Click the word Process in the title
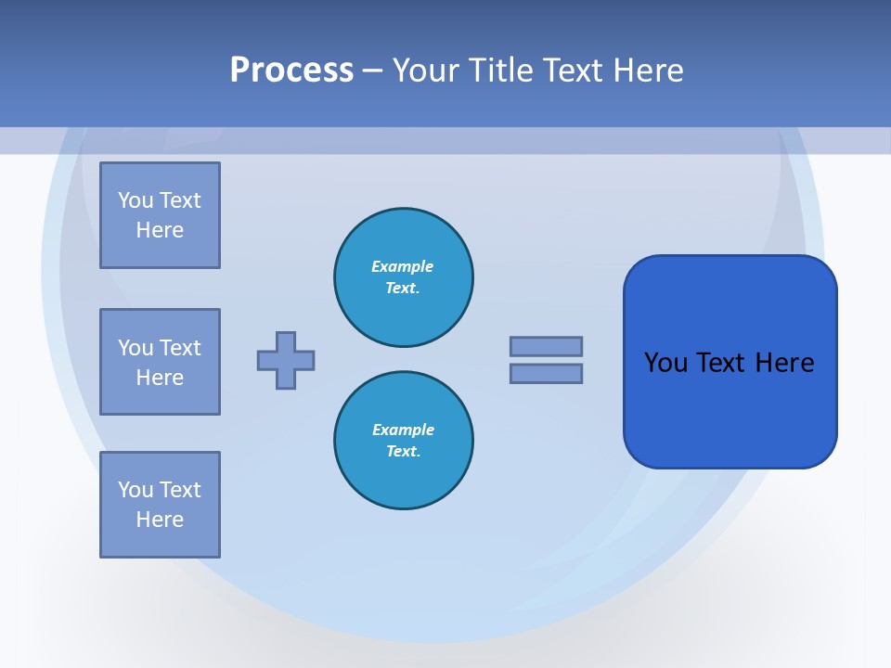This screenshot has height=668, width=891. (291, 71)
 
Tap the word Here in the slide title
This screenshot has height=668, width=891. (649, 71)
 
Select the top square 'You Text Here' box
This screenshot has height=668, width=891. (160, 215)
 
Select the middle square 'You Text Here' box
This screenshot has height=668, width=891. (160, 362)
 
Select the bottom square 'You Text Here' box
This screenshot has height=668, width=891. (160, 505)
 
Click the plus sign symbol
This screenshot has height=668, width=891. (286, 360)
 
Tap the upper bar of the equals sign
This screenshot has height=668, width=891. (546, 346)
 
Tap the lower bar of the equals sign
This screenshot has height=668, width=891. (546, 373)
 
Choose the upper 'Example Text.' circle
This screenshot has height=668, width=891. (403, 276)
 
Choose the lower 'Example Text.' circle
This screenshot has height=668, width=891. (403, 440)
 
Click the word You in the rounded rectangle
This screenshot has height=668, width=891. (665, 363)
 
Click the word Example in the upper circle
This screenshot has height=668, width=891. (403, 266)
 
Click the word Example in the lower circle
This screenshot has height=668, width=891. (403, 430)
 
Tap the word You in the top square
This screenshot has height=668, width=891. (136, 200)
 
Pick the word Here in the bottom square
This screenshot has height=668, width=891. (160, 520)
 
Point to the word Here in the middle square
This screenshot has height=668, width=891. (160, 378)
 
